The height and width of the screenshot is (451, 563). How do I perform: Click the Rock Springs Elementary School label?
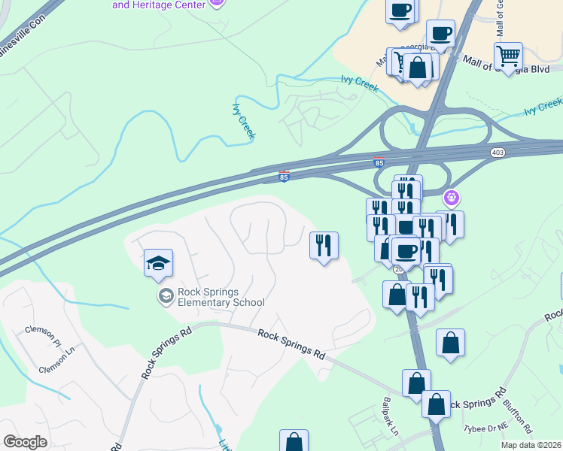click(x=221, y=298)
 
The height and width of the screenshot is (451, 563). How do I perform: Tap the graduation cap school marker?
click(x=159, y=263)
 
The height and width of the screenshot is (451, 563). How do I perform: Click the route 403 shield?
click(x=501, y=153)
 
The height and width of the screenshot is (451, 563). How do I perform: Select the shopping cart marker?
click(x=509, y=56)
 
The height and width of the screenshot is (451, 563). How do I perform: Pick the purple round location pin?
click(x=451, y=198)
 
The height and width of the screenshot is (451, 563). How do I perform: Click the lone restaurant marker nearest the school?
click(x=324, y=244)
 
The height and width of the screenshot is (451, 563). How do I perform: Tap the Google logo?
click(x=25, y=442)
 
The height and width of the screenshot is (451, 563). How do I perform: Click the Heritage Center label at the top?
click(x=158, y=5)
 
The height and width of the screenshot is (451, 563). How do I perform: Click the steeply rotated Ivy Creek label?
click(x=244, y=120)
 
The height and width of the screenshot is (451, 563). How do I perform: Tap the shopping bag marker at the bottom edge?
click(x=294, y=441)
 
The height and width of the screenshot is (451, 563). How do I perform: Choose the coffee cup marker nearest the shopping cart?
click(x=440, y=33)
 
